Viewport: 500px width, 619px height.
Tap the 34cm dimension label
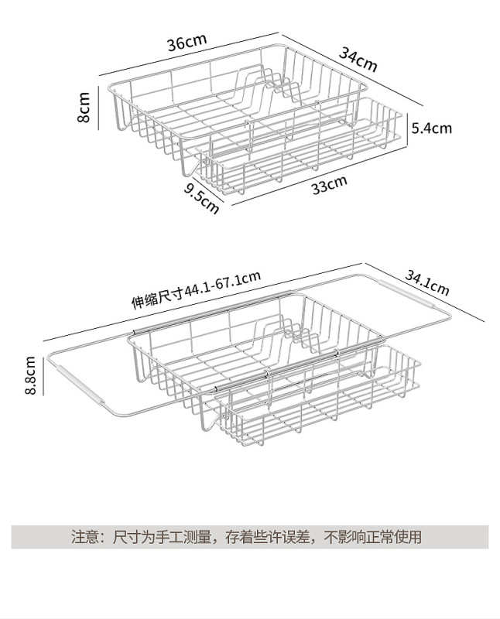click(358, 60)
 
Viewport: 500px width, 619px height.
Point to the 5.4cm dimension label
click(431, 128)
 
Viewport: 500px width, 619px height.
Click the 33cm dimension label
click(328, 186)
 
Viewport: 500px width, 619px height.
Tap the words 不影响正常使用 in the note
click(372, 536)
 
